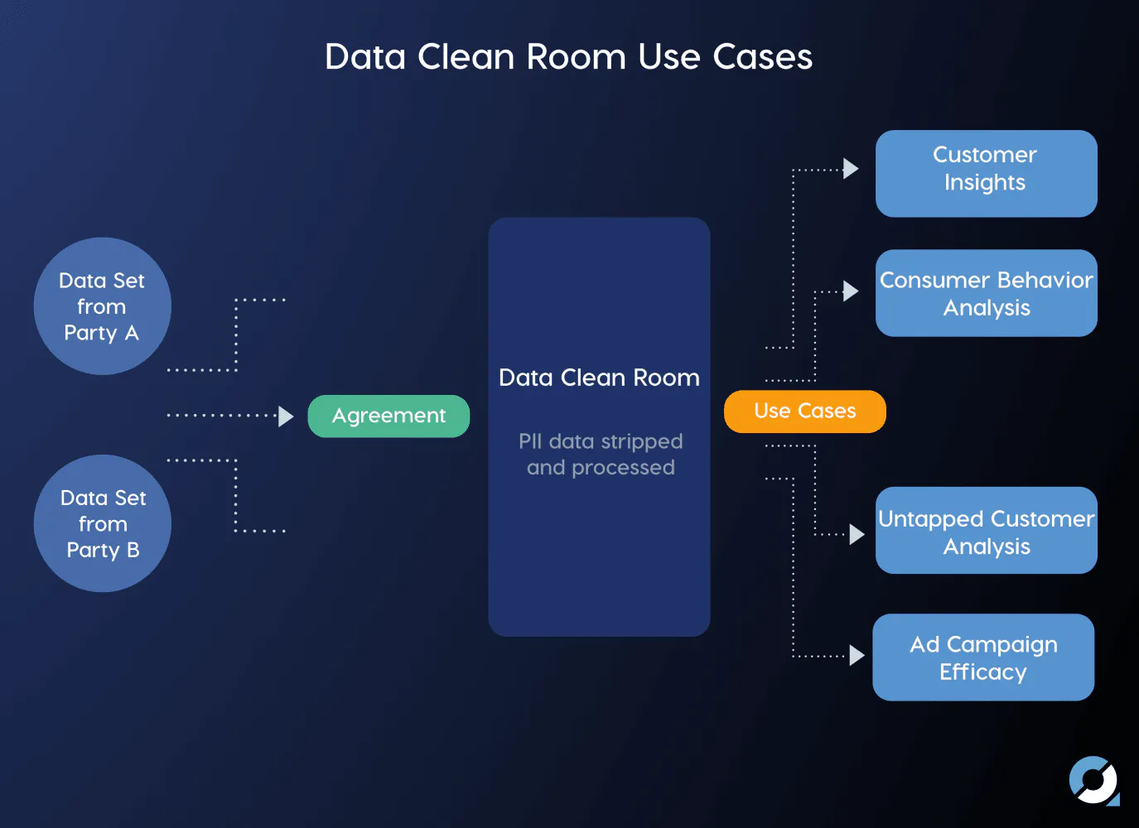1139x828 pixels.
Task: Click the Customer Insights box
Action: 986,173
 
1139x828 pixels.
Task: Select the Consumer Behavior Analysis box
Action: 986,293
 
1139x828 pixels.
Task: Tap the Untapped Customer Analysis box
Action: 986,530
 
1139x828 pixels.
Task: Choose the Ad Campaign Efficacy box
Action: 983,657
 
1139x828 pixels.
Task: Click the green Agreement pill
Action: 389,416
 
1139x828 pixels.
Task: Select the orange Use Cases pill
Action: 805,412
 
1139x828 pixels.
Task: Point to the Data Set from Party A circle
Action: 102,306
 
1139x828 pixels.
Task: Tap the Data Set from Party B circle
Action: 102,523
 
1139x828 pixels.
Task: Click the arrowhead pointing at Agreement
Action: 286,416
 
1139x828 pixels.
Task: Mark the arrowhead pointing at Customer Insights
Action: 851,169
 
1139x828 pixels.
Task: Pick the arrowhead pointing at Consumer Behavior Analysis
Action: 851,291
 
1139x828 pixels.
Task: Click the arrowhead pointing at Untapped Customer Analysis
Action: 857,534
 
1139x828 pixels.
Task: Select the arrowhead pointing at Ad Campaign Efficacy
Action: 857,655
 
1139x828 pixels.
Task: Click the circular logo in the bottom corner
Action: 1093,780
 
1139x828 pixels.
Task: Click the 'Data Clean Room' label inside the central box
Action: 599,378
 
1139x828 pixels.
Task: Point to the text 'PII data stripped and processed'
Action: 601,455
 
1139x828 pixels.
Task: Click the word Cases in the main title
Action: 762,56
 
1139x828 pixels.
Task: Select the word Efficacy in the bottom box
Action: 983,672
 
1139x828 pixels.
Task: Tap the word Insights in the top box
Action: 985,182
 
